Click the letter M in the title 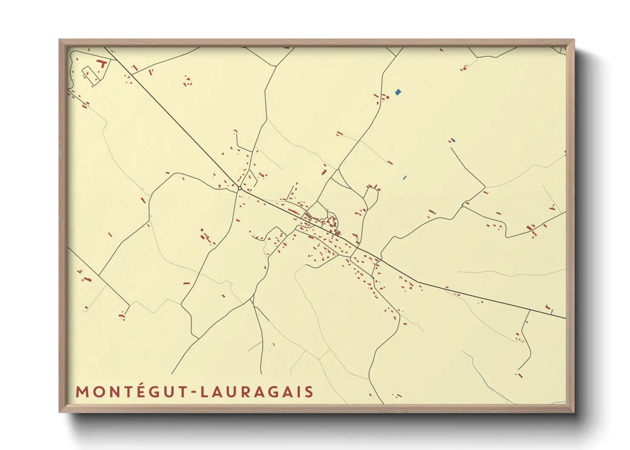[82, 392]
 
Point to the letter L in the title [204, 392]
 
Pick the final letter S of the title [309, 392]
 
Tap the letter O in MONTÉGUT [99, 392]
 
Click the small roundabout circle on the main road [240, 188]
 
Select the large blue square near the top [398, 92]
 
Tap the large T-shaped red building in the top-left [102, 64]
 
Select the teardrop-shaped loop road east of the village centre [371, 198]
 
